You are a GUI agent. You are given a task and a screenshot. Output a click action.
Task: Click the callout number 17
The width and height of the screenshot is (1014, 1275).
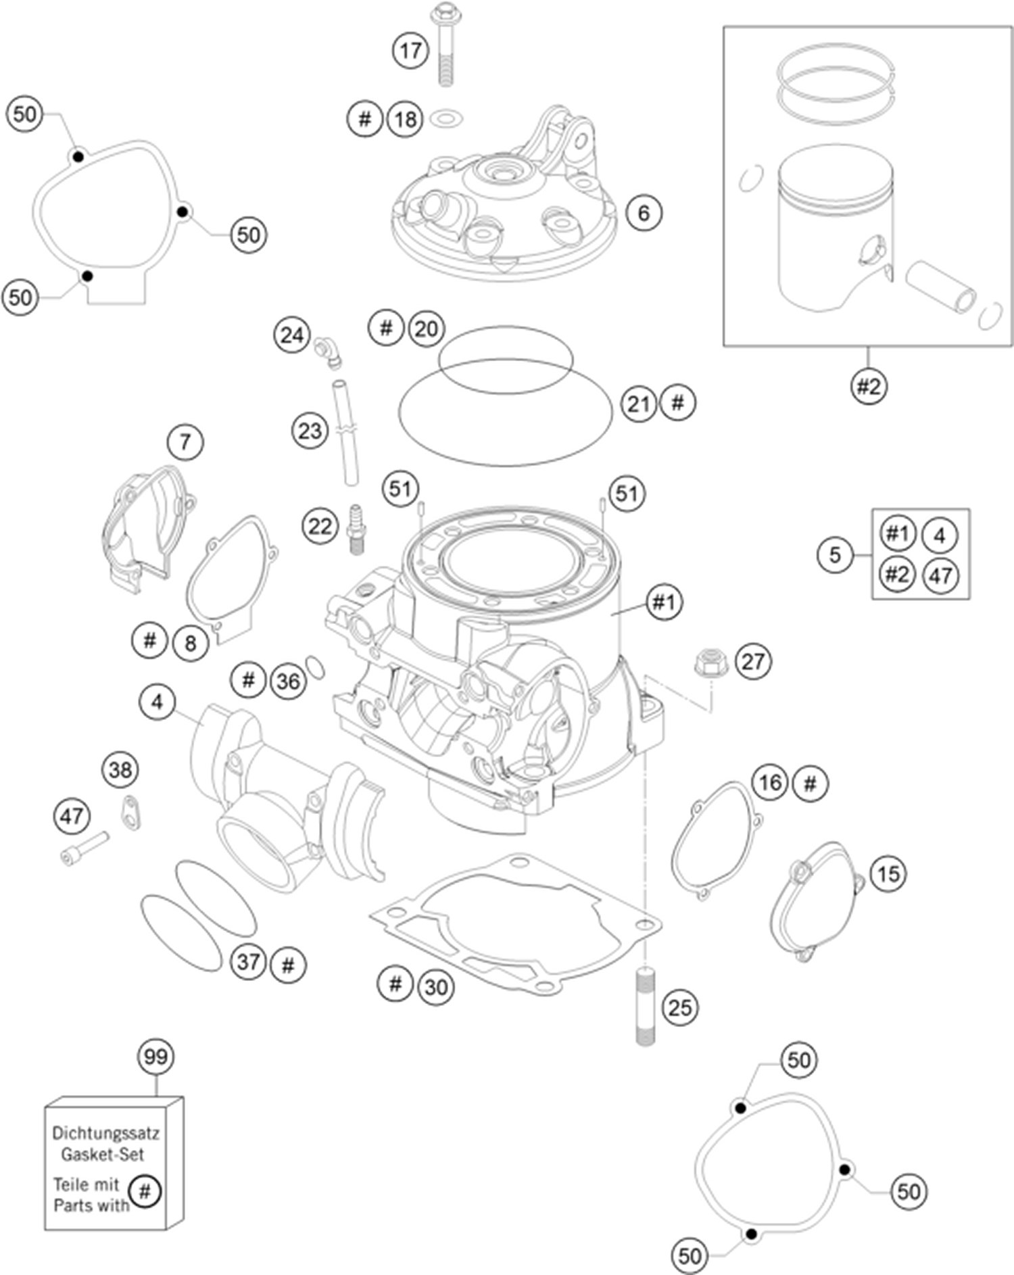pos(410,50)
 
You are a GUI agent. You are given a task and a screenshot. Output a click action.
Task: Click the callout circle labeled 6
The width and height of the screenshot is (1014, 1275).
pos(643,213)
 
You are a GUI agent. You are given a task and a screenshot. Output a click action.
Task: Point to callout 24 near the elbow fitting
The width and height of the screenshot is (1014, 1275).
pos(291,335)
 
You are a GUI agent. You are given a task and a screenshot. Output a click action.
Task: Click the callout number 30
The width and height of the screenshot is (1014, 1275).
pos(436,987)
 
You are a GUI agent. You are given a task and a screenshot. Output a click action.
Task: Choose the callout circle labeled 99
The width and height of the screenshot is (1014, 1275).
pos(155,1056)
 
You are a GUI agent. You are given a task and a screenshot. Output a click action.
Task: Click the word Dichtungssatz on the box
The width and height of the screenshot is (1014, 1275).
pos(106,1133)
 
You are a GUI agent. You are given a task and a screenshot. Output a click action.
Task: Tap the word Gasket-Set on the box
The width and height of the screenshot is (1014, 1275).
pos(103,1154)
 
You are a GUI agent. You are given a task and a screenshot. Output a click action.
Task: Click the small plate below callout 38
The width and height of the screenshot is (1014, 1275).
pos(131,813)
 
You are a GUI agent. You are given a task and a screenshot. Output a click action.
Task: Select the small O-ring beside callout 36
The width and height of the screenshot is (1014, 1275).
pos(316,667)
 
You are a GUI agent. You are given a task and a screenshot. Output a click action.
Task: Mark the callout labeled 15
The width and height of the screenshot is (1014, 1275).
pos(888,873)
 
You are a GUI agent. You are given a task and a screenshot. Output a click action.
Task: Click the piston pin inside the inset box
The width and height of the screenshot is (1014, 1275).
pos(940,287)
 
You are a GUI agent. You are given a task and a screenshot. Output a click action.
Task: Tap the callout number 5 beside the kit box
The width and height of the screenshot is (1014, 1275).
pos(835,555)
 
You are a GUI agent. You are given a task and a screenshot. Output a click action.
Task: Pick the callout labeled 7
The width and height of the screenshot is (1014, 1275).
pos(185,442)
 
